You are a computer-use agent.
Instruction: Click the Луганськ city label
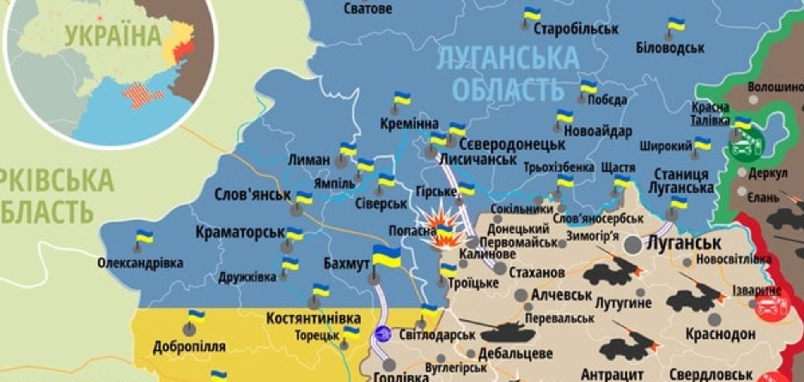click(684, 243)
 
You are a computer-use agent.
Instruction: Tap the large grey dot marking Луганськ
click(633, 245)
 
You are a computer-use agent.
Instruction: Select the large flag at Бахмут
click(386, 256)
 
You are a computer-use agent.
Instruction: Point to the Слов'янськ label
click(252, 194)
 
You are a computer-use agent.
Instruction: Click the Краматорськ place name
click(240, 233)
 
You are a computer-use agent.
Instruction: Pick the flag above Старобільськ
click(532, 14)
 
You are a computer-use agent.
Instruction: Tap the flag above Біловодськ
click(676, 25)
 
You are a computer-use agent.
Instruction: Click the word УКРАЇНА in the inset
click(112, 36)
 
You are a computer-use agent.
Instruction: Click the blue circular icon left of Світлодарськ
click(383, 334)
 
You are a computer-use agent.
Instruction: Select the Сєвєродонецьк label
click(512, 145)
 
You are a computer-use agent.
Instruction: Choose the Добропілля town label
click(189, 346)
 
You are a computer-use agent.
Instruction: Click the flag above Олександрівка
click(145, 237)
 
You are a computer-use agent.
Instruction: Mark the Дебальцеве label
click(515, 354)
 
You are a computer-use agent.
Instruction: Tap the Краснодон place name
click(720, 334)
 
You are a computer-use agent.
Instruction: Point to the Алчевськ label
click(561, 295)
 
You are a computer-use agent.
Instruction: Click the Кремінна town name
click(409, 123)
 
